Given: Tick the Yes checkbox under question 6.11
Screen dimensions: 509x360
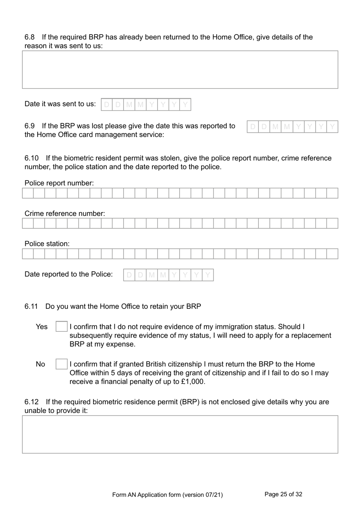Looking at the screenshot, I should tap(61, 327).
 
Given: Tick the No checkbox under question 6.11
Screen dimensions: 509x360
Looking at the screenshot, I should tap(61, 364).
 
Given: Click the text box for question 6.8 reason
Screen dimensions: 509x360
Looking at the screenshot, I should tap(180, 70).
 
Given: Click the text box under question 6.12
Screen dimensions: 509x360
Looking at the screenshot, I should tap(180, 434).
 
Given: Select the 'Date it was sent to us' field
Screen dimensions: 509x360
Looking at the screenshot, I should tap(146, 104).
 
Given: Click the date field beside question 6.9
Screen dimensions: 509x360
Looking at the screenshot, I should tap(292, 127).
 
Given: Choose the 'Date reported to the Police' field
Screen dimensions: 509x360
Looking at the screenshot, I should tap(168, 275).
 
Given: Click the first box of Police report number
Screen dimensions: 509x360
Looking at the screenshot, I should tap(28, 193).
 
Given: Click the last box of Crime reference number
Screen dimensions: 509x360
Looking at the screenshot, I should tap(332, 223).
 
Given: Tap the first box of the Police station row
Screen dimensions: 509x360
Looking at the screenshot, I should tap(28, 254).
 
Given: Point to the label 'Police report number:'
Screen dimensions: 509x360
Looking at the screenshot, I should tap(59, 183).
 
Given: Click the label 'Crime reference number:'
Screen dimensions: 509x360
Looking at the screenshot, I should tap(65, 214).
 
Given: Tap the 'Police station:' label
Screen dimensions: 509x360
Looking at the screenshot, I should tap(47, 244).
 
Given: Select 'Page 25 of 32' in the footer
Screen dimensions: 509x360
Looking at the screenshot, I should tap(283, 494).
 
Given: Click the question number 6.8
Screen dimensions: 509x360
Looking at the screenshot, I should tap(30, 37).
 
